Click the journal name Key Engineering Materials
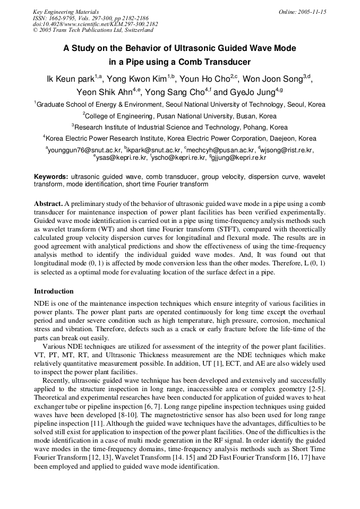tap(66, 12)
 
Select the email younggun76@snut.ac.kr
tap(84, 150)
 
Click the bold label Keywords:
tap(51, 176)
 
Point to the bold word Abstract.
tap(48, 204)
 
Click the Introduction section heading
tap(54, 291)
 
